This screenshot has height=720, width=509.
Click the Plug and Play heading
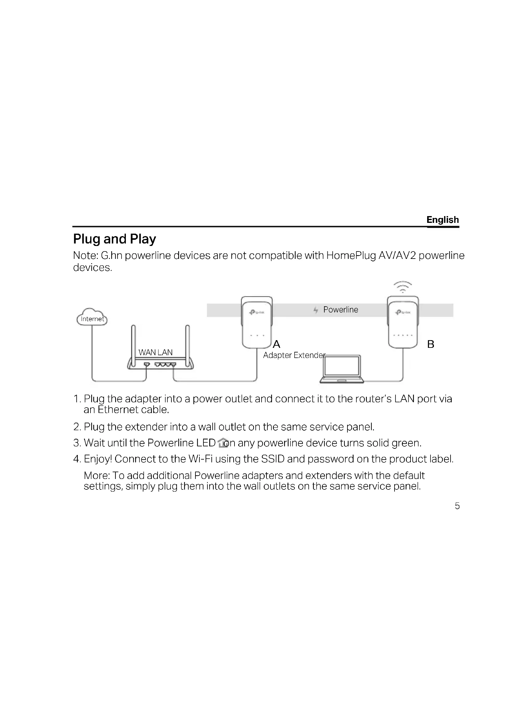pyautogui.click(x=114, y=239)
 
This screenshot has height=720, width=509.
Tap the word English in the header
pyautogui.click(x=443, y=219)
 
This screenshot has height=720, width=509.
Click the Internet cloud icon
pyautogui.click(x=92, y=317)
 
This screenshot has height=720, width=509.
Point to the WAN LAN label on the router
pyautogui.click(x=155, y=352)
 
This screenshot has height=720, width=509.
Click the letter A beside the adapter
pyautogui.click(x=276, y=344)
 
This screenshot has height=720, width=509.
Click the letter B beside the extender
pyautogui.click(x=431, y=344)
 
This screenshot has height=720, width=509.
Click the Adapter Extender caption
pyautogui.click(x=294, y=355)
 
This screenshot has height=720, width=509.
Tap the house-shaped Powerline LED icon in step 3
pyautogui.click(x=223, y=442)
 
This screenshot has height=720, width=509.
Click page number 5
pyautogui.click(x=457, y=506)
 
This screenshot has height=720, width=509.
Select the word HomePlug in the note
pyautogui.click(x=351, y=255)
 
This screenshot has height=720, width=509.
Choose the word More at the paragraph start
pyautogui.click(x=96, y=475)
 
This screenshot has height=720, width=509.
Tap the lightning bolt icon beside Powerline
pyautogui.click(x=316, y=310)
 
